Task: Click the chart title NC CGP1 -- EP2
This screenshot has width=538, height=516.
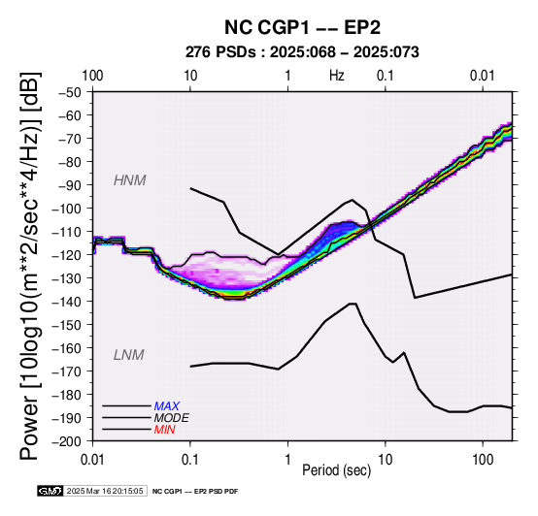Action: click(x=302, y=27)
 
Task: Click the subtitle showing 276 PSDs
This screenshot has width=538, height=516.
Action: click(x=302, y=52)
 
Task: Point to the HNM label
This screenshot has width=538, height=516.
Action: click(x=130, y=180)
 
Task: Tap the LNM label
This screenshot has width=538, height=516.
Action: click(x=128, y=355)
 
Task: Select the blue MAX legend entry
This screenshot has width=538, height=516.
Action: click(x=166, y=406)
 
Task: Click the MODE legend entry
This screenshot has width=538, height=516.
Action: click(x=171, y=418)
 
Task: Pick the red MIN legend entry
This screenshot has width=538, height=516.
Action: click(x=164, y=430)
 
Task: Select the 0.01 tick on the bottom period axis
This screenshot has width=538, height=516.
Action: click(x=92, y=460)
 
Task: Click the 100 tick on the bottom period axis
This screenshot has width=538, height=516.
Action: click(x=483, y=460)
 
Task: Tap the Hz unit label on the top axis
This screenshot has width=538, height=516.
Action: click(x=337, y=76)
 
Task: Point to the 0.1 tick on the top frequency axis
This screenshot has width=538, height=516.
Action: click(x=385, y=76)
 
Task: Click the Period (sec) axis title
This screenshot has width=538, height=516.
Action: click(x=337, y=470)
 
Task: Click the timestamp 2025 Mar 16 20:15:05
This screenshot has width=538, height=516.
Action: click(x=105, y=491)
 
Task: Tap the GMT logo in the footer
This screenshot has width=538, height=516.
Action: click(x=50, y=491)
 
